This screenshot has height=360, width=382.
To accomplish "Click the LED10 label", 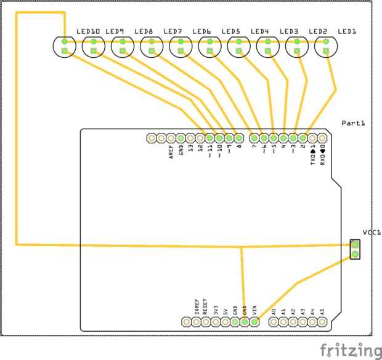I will pos(88,31).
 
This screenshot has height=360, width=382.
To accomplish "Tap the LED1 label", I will pos(347,31).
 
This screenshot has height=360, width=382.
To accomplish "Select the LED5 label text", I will pos(230,31).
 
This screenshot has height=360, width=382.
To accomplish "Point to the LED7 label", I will pos(173,31).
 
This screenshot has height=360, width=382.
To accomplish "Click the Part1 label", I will pos(353,124).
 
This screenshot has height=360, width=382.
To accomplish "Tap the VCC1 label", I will pos(372,233).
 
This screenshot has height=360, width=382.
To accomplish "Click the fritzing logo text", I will pos(351,350).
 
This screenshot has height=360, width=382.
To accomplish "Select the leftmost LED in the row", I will pos(64,46).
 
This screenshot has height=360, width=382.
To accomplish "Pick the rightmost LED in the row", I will pos(326,46).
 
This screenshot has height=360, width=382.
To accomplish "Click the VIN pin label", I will pos(254,310).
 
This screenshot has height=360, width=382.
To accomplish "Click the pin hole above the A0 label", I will pos(274,321).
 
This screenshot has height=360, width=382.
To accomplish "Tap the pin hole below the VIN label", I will pos(254,321).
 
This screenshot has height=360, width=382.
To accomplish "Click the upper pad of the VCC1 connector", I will pos(355,244).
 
